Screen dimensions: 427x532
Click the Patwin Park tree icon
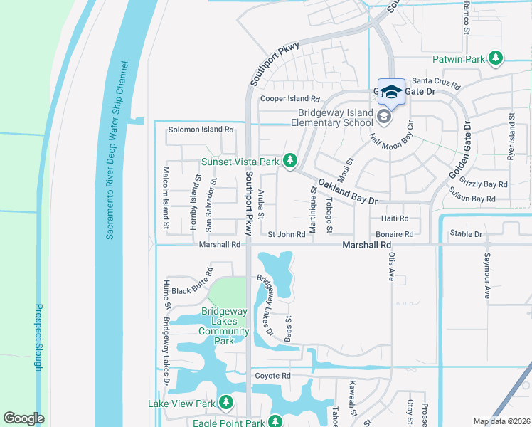496,58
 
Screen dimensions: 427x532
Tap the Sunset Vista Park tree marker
289,162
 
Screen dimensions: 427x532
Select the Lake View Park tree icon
226,404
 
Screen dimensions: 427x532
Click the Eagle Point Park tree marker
273,423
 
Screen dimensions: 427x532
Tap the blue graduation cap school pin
391,91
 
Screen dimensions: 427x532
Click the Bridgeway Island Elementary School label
326,117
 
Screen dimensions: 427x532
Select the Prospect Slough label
39,337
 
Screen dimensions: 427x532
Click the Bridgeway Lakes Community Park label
224,326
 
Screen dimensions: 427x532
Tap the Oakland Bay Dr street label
348,191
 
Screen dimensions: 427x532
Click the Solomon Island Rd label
201,130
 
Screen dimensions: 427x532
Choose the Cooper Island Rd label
290,99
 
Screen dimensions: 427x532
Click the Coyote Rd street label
273,376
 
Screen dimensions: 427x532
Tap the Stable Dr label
466,233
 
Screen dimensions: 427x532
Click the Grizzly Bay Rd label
484,184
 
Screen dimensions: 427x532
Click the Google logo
23,418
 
